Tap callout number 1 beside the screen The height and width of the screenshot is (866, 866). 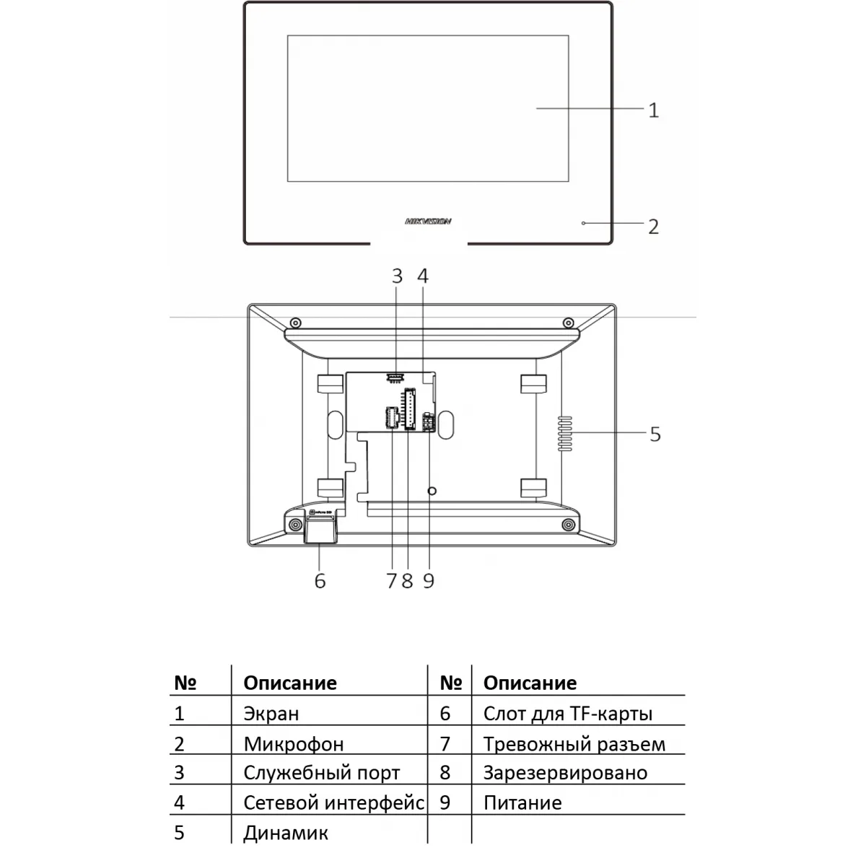click(653, 110)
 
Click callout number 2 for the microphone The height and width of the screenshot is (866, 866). click(653, 227)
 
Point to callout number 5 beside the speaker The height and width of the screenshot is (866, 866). click(655, 434)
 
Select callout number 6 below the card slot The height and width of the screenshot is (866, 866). click(320, 581)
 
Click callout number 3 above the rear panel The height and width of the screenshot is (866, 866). click(397, 276)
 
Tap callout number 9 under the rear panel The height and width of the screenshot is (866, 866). click(429, 581)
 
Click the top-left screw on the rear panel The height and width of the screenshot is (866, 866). click(295, 322)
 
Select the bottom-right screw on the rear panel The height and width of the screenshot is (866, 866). click(568, 525)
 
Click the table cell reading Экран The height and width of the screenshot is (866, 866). click(271, 714)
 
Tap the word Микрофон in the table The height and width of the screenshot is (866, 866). click(293, 744)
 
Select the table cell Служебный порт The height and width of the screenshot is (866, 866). click(321, 773)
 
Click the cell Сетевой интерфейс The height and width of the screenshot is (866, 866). click(333, 802)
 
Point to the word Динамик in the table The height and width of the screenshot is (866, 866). click(286, 833)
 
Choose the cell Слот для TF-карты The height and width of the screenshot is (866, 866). click(568, 714)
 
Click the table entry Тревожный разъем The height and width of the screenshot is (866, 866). click(574, 744)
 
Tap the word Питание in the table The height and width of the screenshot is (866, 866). click(522, 802)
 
